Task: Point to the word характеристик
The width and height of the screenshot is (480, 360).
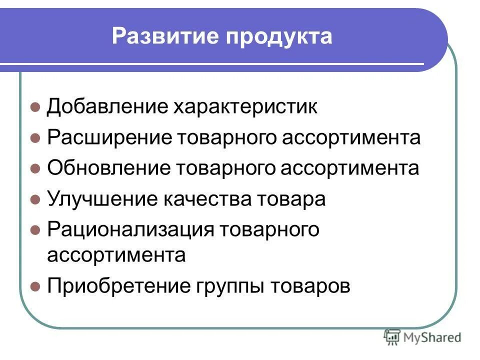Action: tap(245, 107)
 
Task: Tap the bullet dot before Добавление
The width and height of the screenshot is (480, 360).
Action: tap(35, 107)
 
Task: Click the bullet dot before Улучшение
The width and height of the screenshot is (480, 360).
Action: tap(35, 199)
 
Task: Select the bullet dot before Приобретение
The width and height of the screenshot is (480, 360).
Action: tap(35, 287)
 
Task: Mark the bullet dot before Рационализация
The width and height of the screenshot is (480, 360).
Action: tap(35, 230)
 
